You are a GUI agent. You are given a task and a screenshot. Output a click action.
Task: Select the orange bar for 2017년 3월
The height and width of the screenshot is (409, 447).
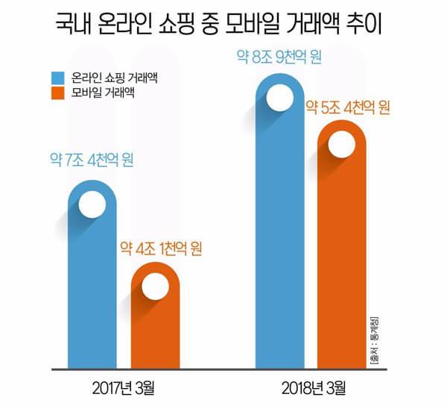[156, 328]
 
